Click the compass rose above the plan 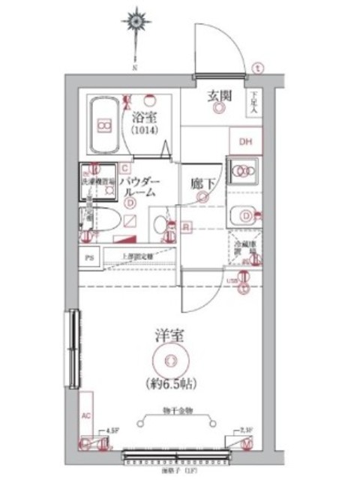click(135, 22)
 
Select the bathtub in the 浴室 click(103, 124)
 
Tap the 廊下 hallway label click(202, 182)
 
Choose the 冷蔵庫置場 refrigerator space click(246, 252)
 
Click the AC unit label click(85, 415)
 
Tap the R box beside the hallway click(184, 226)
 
